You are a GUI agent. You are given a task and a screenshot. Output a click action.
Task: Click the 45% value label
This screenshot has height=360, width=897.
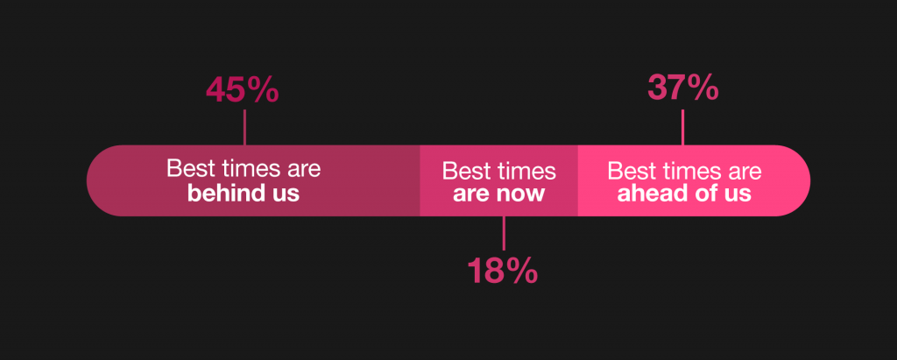(x=243, y=90)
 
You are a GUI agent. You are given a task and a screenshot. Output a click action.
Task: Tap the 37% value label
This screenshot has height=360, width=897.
(x=683, y=88)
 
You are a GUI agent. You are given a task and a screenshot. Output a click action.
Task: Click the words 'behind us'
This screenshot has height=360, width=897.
(x=244, y=194)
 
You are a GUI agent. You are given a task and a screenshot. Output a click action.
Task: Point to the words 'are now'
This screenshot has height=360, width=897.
(x=498, y=194)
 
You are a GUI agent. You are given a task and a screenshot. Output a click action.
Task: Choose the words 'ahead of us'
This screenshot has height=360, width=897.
(x=684, y=194)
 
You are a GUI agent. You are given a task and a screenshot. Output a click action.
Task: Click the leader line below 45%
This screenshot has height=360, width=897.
(x=245, y=127)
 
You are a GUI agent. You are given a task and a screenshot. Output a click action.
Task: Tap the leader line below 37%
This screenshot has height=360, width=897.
(x=682, y=127)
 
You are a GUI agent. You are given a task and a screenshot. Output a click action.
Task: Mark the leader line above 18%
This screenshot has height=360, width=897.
(x=504, y=233)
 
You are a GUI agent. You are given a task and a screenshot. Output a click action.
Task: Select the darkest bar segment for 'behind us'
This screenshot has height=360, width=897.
(x=253, y=180)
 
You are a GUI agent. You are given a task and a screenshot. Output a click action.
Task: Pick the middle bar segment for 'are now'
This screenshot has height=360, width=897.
(x=498, y=180)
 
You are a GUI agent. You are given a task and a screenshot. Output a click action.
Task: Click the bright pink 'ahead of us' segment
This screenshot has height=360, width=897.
(x=694, y=180)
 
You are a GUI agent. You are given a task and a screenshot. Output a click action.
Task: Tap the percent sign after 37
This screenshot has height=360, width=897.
(x=703, y=88)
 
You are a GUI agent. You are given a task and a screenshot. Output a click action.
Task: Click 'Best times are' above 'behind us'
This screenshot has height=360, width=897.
(x=244, y=169)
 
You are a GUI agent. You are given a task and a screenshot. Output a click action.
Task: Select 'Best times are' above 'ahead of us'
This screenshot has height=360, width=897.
(x=684, y=171)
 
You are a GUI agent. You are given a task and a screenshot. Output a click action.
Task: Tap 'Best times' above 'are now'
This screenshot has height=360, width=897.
(x=498, y=171)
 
